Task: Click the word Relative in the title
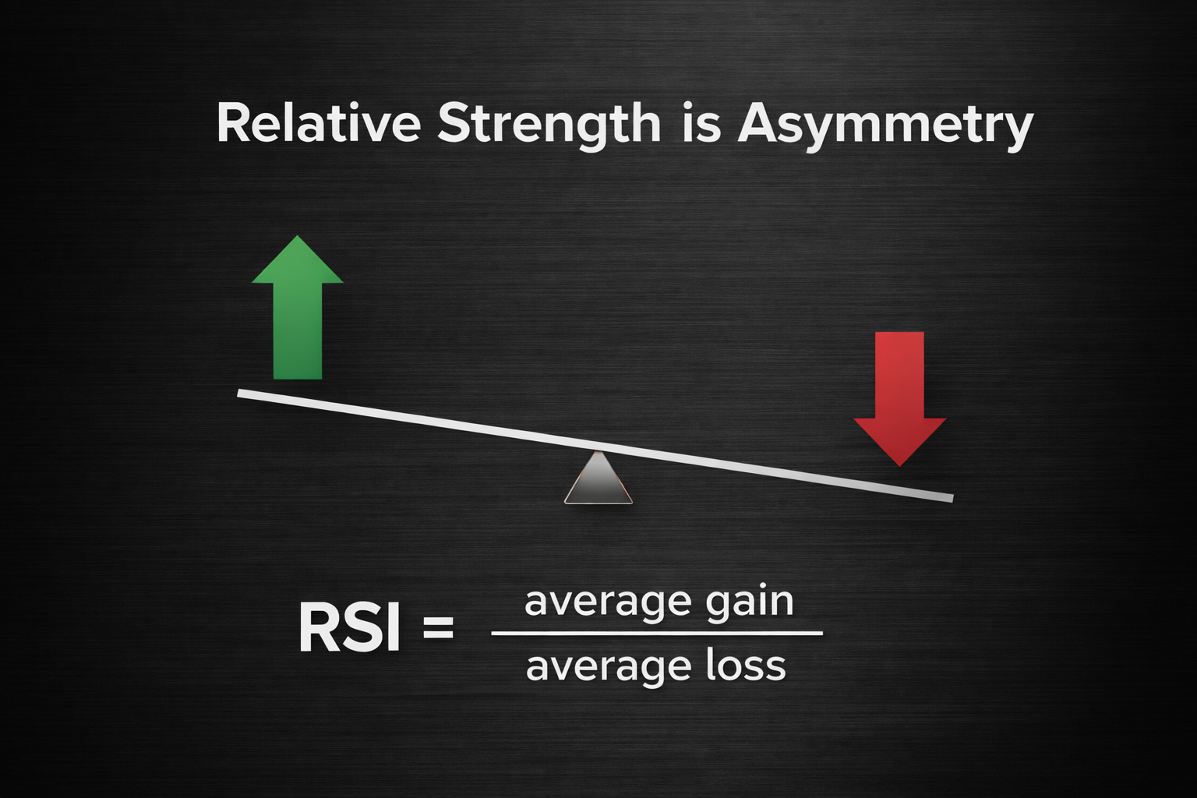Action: pos(318,123)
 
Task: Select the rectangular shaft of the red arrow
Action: pos(900,374)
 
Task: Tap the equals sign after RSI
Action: pos(438,628)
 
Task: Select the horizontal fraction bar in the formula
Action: pos(657,634)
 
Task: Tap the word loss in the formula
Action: pos(746,666)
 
